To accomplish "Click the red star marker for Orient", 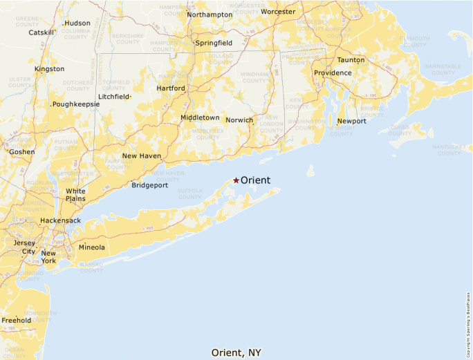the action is point(236,180).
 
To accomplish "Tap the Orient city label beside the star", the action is point(255,180).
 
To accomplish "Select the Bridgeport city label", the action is point(149,185).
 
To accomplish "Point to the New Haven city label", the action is point(142,156).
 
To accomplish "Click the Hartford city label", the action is point(171,88).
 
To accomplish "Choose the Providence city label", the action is point(333,73).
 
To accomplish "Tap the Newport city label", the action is point(351,122).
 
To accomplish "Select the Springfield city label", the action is point(214,43).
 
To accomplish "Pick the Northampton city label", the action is point(210,15).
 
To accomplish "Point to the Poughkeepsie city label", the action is point(76,104).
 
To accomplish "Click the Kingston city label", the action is point(49,69).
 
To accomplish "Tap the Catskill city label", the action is point(41,32).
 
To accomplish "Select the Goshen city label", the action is point(21,151).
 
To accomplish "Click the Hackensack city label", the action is point(60,220).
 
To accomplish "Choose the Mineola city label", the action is point(92,247).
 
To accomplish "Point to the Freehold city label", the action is point(16,321).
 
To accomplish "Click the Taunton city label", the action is point(351,60).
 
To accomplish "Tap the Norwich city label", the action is point(239,120).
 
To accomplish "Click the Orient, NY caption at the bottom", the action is point(236,352).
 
